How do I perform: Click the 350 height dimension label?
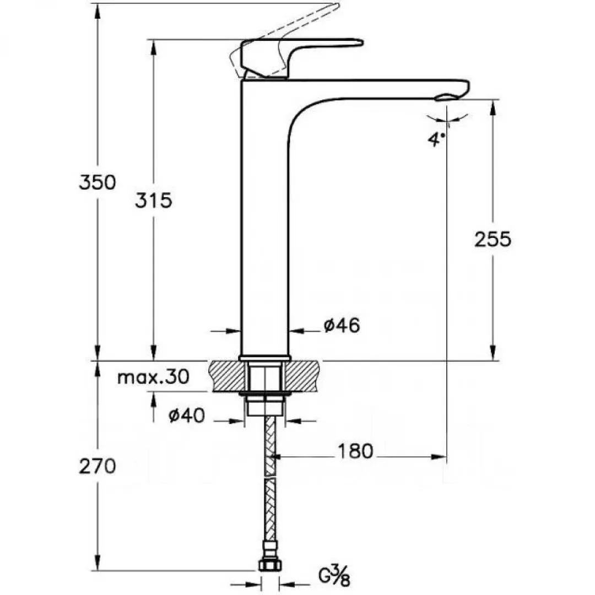98,182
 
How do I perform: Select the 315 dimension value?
154,201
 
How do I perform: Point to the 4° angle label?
436,139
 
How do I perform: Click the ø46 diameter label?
341,326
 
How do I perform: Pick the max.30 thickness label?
153,377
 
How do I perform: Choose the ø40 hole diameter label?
186,416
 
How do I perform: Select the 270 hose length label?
98,466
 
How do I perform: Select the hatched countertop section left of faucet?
225,376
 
